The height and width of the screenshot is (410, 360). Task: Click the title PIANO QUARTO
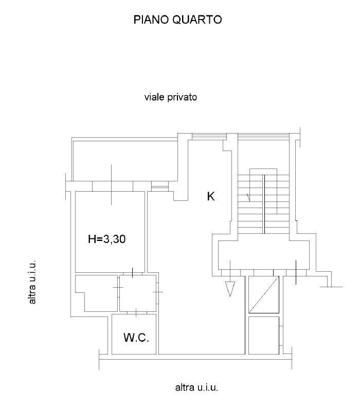click(x=177, y=20)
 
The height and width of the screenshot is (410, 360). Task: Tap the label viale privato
click(x=171, y=97)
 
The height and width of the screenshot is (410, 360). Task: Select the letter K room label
click(x=211, y=196)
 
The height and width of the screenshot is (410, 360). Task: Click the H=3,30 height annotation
click(x=107, y=239)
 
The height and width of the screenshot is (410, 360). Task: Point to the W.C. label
click(x=136, y=338)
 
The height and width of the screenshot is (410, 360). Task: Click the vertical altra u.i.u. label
click(x=32, y=282)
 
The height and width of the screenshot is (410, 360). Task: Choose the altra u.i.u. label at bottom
click(x=196, y=387)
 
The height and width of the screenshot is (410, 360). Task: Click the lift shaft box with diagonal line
click(x=264, y=294)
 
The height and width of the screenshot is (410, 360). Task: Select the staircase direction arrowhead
click(x=248, y=197)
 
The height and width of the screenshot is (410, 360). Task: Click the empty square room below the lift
click(x=264, y=336)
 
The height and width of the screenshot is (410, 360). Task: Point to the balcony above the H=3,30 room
click(x=125, y=159)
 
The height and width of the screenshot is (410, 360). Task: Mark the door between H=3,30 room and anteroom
click(x=133, y=273)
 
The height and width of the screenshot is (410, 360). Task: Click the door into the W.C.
click(x=136, y=313)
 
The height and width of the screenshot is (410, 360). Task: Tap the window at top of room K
click(x=209, y=137)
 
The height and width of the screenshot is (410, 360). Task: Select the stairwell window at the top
click(x=263, y=137)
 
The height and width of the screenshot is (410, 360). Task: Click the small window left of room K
click(x=160, y=187)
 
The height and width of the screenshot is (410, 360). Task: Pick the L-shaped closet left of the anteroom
click(x=96, y=293)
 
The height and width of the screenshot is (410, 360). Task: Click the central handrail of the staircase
click(x=264, y=204)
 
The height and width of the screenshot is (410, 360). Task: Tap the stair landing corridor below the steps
click(x=264, y=255)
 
